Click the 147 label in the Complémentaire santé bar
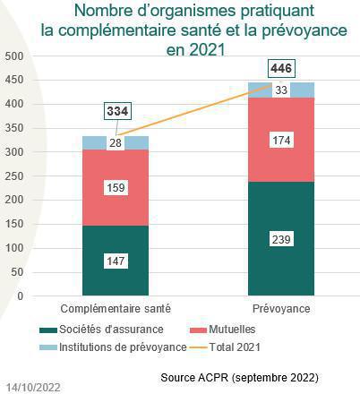[x=116, y=260]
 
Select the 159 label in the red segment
[x=116, y=188]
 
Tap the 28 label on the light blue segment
[x=116, y=143]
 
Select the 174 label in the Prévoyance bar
[x=281, y=140]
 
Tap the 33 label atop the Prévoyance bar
[x=281, y=90]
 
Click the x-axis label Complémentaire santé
[x=116, y=307]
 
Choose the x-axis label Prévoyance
[x=281, y=307]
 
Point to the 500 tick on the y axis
[x=13, y=56]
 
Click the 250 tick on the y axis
[x=13, y=176]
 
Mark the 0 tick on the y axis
[x=20, y=295]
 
